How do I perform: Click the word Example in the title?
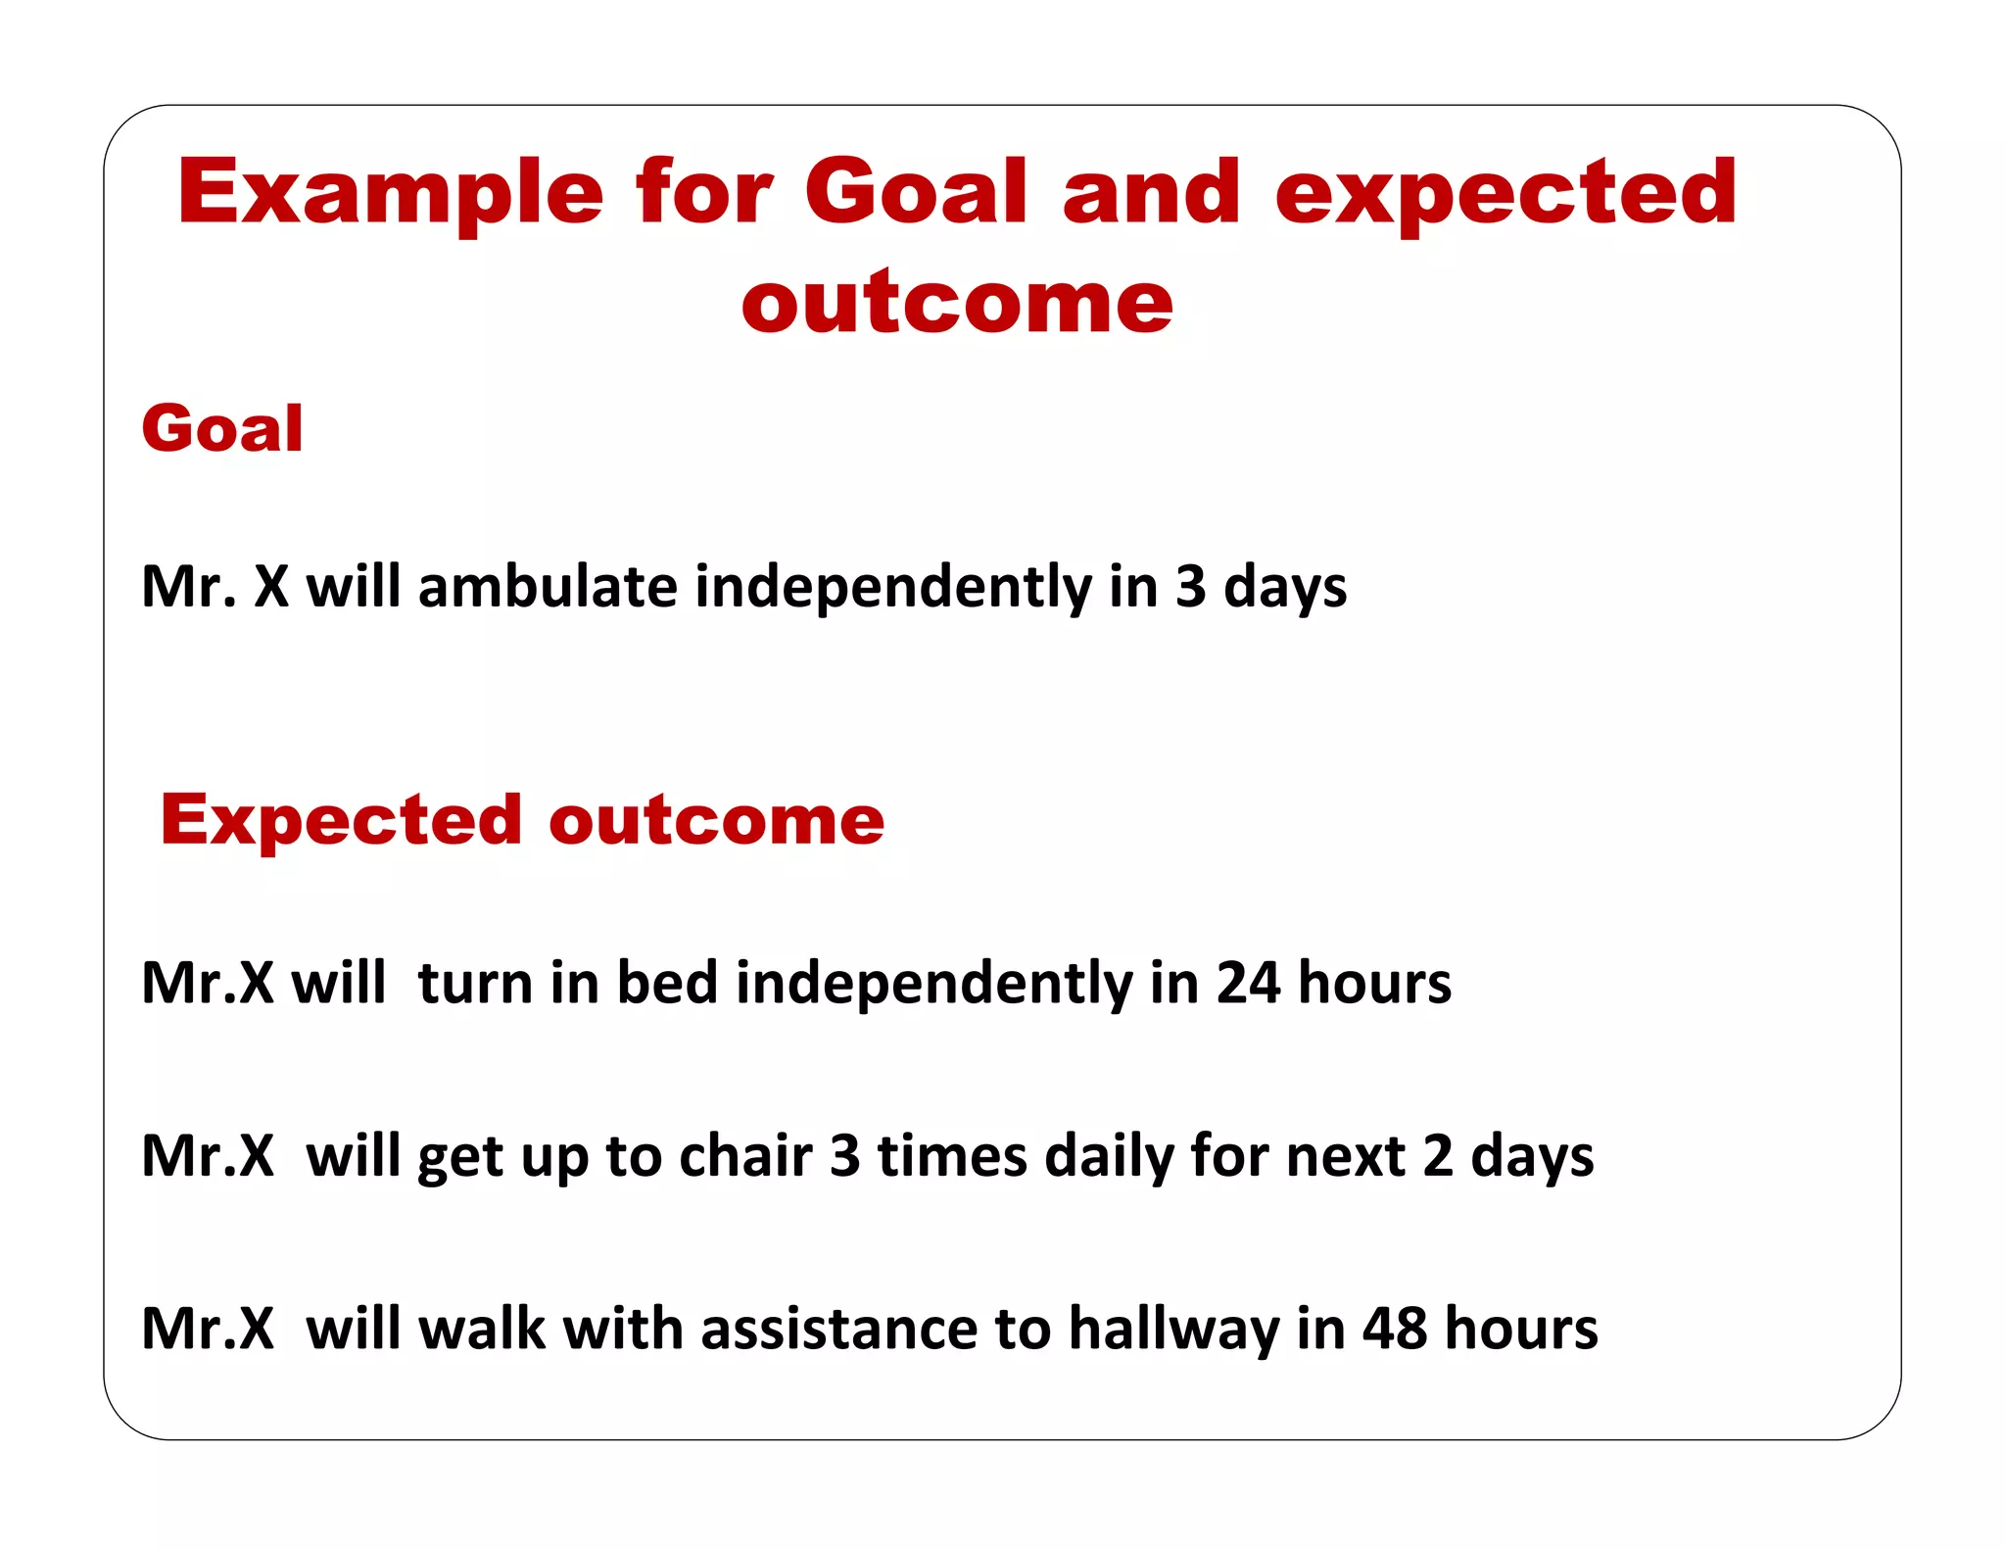coord(390,194)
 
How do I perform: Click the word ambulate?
coord(548,587)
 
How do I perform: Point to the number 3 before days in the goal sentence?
coord(1189,587)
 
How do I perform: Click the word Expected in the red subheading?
coord(341,821)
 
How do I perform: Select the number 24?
coord(1247,983)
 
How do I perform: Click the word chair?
coord(745,1156)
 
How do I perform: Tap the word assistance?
coord(838,1330)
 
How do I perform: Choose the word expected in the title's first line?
coord(1505,194)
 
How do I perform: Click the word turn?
coord(474,983)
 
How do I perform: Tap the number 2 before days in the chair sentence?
coord(1437,1156)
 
